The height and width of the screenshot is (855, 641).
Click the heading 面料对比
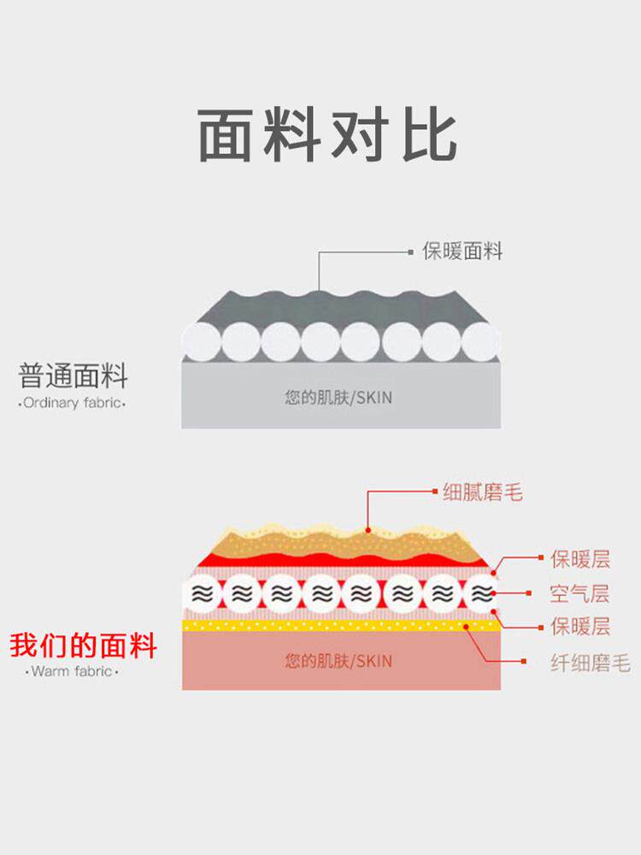pyautogui.click(x=327, y=135)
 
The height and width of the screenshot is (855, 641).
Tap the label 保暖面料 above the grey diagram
pyautogui.click(x=462, y=251)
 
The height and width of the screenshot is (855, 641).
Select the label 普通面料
pyautogui.click(x=73, y=376)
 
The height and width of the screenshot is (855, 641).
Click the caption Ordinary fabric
pyautogui.click(x=72, y=403)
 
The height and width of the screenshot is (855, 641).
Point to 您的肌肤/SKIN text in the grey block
pyautogui.click(x=339, y=398)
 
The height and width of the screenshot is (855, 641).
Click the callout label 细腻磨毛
pyautogui.click(x=483, y=492)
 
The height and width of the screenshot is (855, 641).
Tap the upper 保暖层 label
pyautogui.click(x=580, y=560)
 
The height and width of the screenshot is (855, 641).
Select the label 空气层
pyautogui.click(x=580, y=593)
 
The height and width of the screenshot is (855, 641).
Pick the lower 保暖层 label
pyautogui.click(x=580, y=627)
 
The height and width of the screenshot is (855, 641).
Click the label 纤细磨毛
pyautogui.click(x=590, y=663)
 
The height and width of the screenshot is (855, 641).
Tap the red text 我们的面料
pyautogui.click(x=84, y=645)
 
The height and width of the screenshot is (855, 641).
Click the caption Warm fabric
pyautogui.click(x=72, y=672)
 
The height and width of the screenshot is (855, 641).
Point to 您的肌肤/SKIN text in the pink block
pyautogui.click(x=339, y=661)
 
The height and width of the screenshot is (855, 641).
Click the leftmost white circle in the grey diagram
pyautogui.click(x=202, y=342)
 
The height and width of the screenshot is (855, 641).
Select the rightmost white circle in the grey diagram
pyautogui.click(x=480, y=342)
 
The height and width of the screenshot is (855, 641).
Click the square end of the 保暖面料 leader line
pyautogui.click(x=410, y=252)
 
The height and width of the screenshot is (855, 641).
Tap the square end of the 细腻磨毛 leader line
pyautogui.click(x=434, y=492)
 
